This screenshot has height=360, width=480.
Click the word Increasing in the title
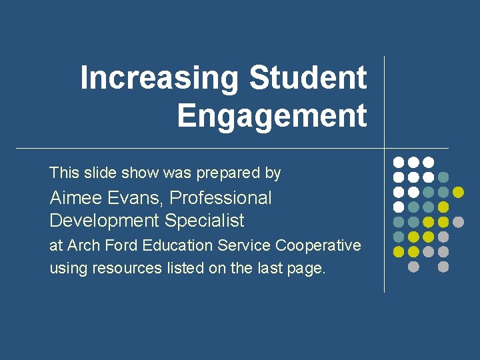click(159, 77)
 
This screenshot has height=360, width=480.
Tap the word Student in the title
click(308, 77)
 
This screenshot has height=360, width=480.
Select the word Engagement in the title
click(272, 115)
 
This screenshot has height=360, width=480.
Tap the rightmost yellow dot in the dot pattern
click(458, 192)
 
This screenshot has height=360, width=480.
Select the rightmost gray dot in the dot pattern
click(458, 221)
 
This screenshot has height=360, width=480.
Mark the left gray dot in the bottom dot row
click(413, 267)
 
